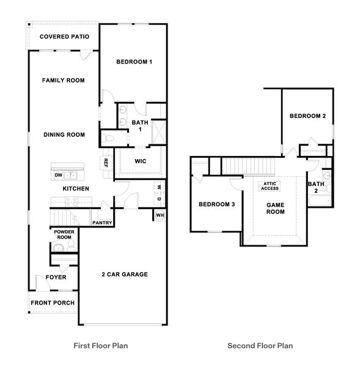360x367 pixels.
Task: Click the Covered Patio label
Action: [65, 37]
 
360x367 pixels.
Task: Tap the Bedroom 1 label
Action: [134, 62]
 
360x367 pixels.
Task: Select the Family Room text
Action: [63, 80]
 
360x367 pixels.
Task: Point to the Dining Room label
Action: [64, 135]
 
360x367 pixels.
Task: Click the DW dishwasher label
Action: [58, 176]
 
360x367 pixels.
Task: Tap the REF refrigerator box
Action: [106, 163]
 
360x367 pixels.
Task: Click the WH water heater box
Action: [160, 215]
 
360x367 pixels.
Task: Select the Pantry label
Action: [102, 223]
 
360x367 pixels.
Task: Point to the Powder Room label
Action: [64, 235]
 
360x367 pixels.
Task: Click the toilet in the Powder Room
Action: [72, 245]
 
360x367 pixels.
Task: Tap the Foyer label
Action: [56, 277]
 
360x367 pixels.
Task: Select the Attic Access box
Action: [270, 185]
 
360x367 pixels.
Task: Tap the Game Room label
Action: [275, 208]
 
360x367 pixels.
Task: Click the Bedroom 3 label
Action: [216, 204]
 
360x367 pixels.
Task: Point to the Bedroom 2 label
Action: [307, 116]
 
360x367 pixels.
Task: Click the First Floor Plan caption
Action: [100, 346]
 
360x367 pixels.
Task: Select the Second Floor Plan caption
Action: [260, 346]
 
